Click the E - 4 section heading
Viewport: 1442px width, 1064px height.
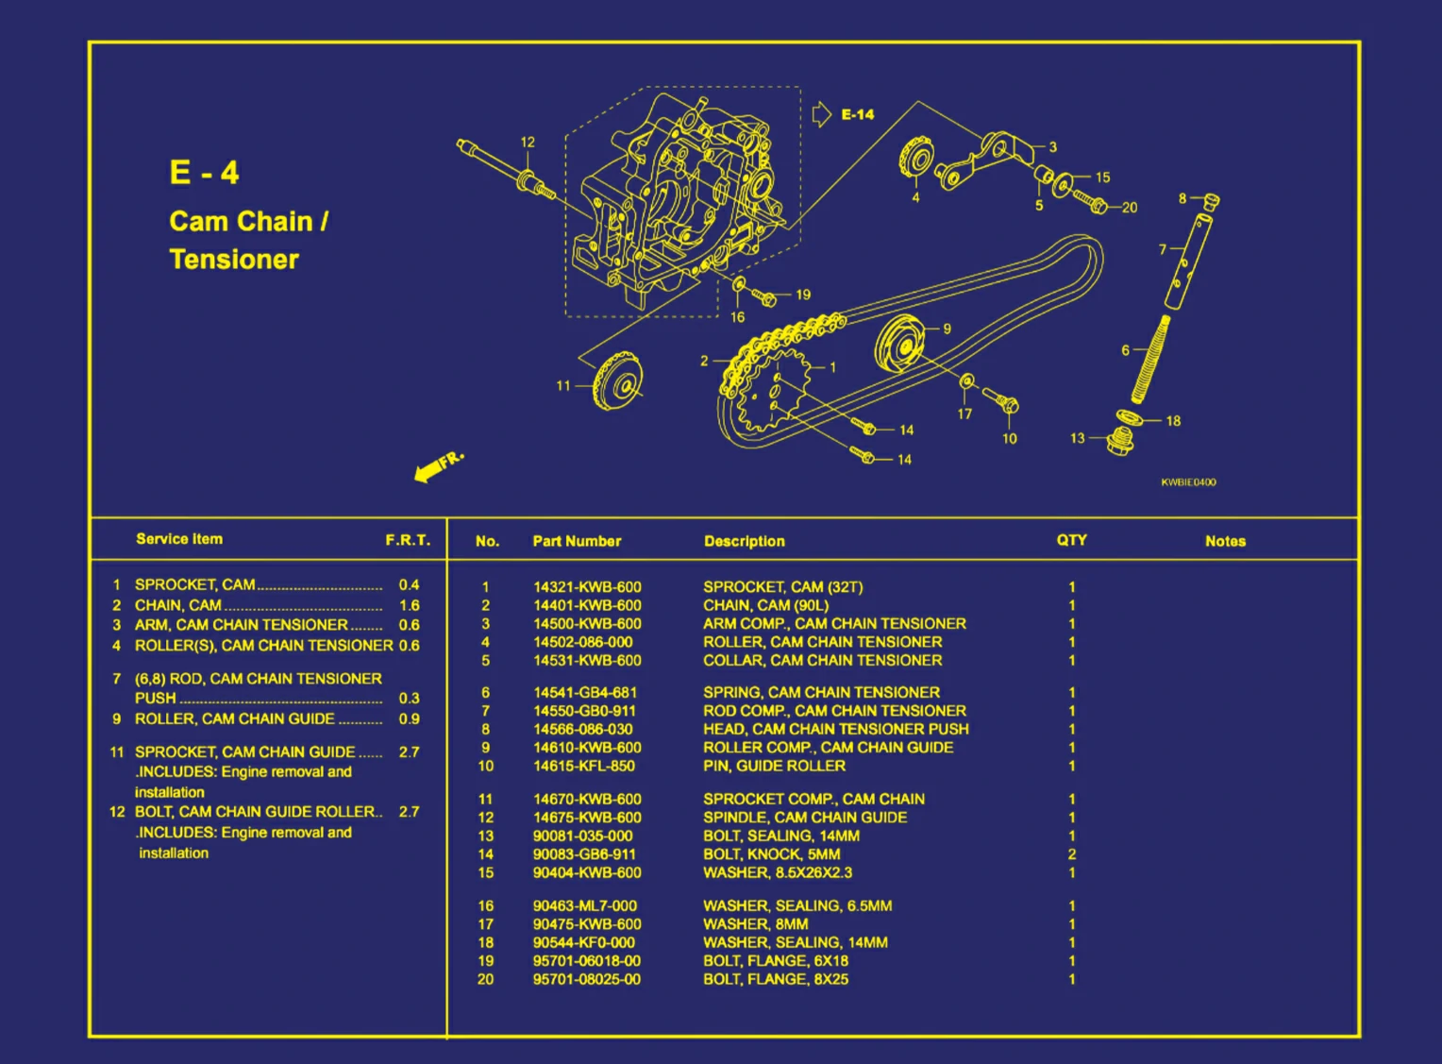(204, 173)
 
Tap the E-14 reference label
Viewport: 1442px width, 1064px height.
(857, 114)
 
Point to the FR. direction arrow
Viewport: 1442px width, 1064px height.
(438, 465)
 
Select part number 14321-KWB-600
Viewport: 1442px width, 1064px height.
(587, 587)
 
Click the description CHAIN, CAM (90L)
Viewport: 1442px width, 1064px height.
(765, 605)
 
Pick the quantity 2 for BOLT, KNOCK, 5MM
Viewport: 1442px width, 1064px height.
(1072, 854)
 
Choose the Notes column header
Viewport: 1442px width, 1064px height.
(1225, 541)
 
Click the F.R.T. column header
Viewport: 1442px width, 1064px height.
(407, 540)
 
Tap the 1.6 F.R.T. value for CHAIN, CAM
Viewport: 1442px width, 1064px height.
(409, 605)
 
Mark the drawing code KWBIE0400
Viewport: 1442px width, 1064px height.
(1188, 482)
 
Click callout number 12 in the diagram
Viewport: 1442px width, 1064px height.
(528, 143)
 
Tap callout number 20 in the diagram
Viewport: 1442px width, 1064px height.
(1130, 208)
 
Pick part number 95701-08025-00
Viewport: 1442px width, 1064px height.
(587, 979)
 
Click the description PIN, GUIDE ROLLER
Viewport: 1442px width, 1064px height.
(774, 766)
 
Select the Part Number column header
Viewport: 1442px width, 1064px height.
(577, 541)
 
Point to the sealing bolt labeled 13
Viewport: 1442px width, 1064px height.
(1119, 440)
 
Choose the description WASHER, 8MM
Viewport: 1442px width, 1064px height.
(755, 924)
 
